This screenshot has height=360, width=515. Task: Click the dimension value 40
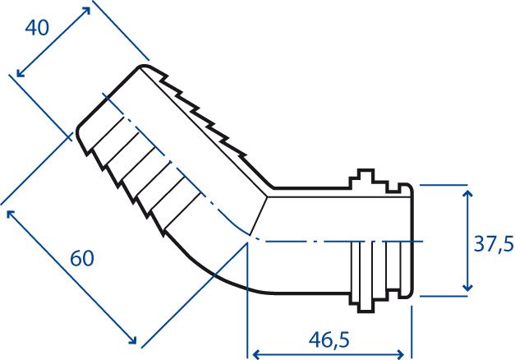[37, 27]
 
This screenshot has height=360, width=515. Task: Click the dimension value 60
[82, 258]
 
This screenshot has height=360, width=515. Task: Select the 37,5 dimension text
[494, 245]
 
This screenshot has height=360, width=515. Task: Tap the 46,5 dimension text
[329, 339]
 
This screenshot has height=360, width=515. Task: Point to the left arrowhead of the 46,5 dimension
[257, 355]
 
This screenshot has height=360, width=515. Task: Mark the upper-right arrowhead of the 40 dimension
[86, 12]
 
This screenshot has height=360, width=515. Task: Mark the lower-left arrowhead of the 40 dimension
[21, 73]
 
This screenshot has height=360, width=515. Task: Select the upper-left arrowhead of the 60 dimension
[11, 215]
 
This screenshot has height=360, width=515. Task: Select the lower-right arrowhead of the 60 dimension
[132, 339]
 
